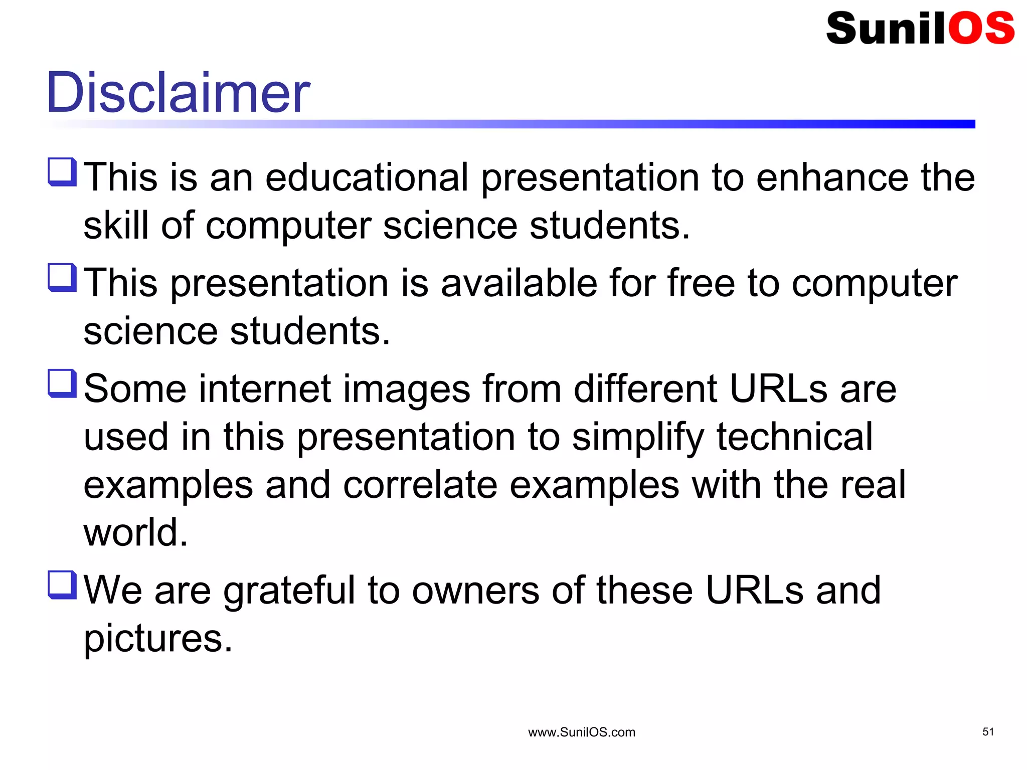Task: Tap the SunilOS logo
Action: point(920,28)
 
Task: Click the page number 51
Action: point(988,732)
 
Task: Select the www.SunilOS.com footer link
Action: point(582,732)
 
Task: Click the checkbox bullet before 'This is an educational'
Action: point(62,172)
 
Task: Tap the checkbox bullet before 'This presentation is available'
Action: point(62,278)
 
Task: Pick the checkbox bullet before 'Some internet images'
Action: point(62,383)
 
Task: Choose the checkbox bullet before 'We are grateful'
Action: point(62,585)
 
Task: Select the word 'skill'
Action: point(116,225)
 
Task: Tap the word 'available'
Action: point(519,283)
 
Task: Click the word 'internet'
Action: point(265,389)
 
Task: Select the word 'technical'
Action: point(795,437)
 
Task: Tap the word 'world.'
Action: point(135,532)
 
